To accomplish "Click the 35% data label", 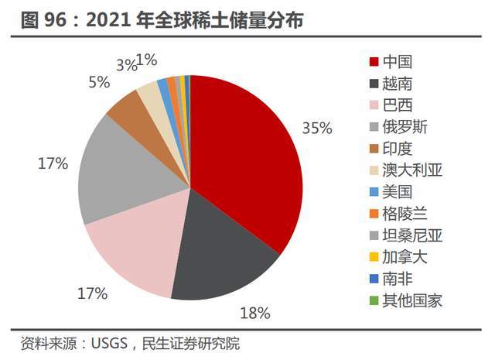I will coord(317,128).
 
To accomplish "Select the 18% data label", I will coord(254,313).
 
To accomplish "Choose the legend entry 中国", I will coord(399,61).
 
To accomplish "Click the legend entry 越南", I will coord(399,83).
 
